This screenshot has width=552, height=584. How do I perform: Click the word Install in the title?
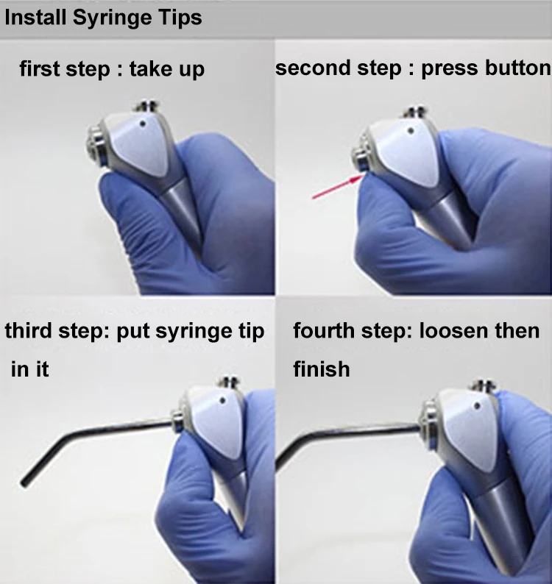[x=35, y=17]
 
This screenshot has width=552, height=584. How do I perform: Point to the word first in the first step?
[x=40, y=69]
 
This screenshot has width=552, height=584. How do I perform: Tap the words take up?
[x=167, y=70]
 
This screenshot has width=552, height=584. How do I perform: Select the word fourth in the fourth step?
[x=324, y=330]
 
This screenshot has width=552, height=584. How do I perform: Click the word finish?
[x=322, y=368]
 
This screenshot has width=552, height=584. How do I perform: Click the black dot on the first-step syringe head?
[x=143, y=124]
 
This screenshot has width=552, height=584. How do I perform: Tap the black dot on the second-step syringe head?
[x=411, y=131]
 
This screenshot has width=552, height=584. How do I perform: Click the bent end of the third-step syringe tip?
[x=25, y=482]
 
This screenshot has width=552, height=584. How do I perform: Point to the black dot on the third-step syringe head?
[x=223, y=400]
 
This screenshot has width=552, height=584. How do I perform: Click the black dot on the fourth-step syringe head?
[x=478, y=405]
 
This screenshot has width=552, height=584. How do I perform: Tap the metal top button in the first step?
[x=146, y=106]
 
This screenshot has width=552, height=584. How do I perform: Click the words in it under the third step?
[x=30, y=369]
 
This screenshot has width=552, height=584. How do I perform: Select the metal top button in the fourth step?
[x=483, y=385]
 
